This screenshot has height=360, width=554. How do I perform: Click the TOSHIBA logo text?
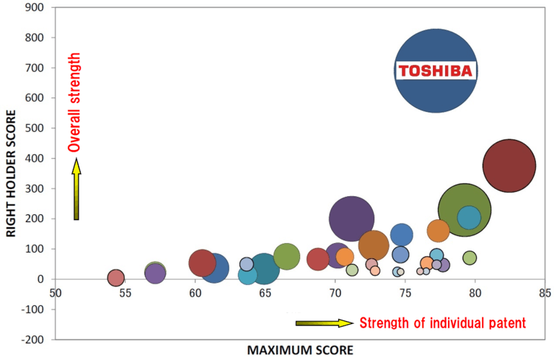436,71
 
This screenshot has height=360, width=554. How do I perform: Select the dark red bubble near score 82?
509,166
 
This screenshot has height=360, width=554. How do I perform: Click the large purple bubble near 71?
351,218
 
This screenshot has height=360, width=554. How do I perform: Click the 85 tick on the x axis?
545,294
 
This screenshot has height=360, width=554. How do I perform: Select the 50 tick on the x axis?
55,294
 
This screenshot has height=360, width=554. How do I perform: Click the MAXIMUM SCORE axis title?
300,350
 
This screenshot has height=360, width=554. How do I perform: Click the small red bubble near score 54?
116,278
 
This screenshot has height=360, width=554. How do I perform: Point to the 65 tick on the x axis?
265,294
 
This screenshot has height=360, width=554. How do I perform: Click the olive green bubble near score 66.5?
287,255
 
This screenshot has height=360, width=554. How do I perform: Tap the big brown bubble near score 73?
374,245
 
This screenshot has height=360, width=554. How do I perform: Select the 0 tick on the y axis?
43,279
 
